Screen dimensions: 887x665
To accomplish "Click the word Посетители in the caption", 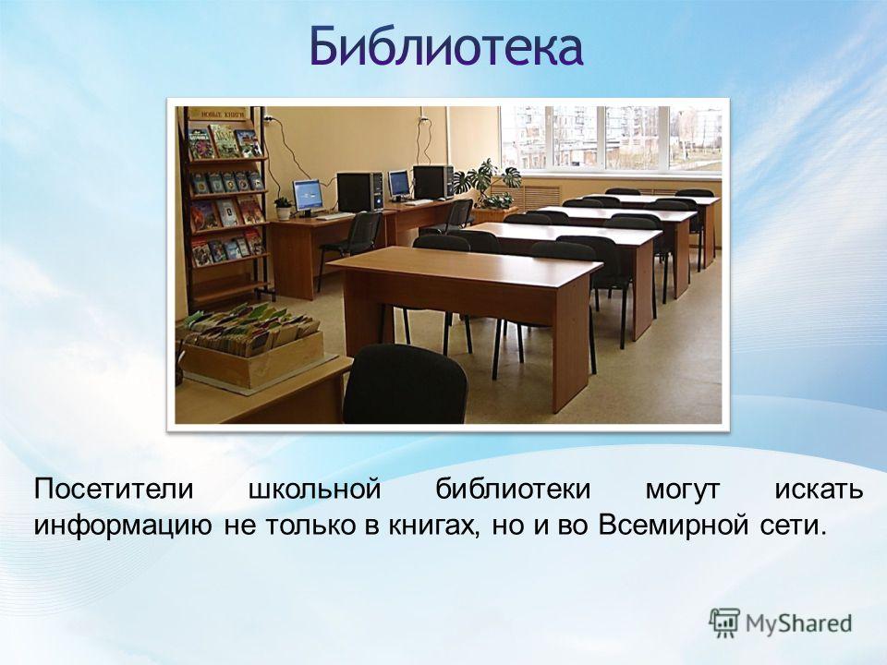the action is click(113, 490).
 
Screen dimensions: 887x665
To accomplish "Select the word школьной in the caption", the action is click(314, 490).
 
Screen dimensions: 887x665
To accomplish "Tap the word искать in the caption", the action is click(819, 490).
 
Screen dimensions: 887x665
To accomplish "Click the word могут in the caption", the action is click(683, 490).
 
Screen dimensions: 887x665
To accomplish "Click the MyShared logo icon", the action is click(724, 623).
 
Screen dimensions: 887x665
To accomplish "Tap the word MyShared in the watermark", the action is click(798, 623).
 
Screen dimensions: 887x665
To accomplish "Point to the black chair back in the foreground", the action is click(405, 384).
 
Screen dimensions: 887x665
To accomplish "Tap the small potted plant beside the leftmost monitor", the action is click(283, 208).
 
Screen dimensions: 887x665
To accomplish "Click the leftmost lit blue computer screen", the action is click(308, 194).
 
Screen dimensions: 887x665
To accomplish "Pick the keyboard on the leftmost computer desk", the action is click(335, 216).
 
